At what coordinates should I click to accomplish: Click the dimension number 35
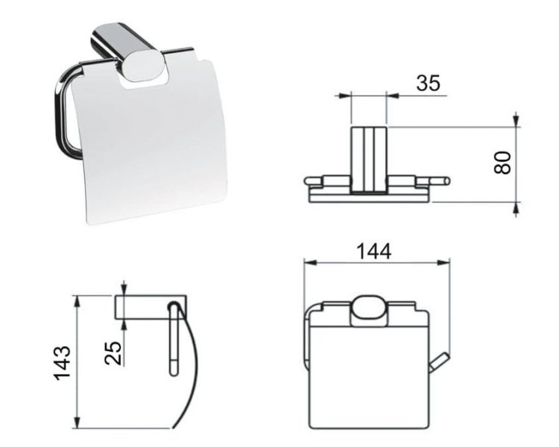click(428, 83)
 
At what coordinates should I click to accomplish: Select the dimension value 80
click(502, 162)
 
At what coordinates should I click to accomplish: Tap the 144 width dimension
click(373, 251)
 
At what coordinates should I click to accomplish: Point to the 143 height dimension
click(62, 363)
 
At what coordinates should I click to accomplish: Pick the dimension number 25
click(113, 353)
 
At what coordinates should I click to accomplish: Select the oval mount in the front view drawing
click(369, 311)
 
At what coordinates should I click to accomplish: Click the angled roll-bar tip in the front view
click(439, 363)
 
